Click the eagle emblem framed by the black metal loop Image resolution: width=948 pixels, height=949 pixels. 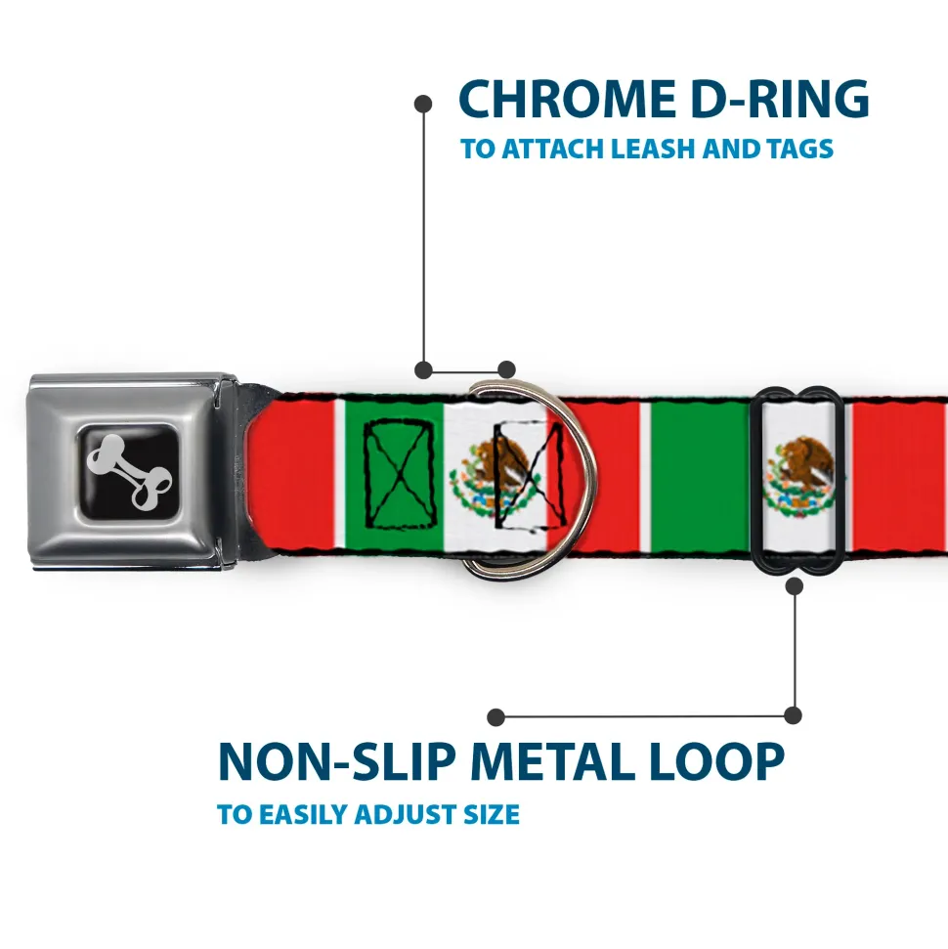(x=799, y=476)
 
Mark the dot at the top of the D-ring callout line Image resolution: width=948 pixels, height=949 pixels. (x=423, y=102)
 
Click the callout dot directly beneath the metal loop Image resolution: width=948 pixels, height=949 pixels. (x=794, y=586)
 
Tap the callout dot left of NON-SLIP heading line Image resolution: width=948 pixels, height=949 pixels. (x=496, y=717)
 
